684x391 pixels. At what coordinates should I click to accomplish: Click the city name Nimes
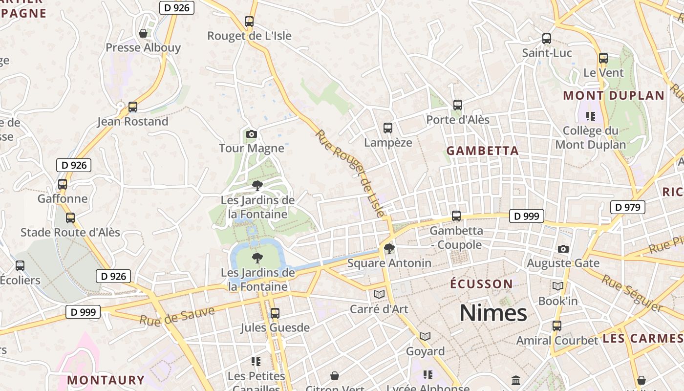(x=493, y=313)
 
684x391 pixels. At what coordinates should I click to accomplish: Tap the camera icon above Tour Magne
(x=252, y=134)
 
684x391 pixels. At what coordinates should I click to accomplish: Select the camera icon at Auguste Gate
(x=563, y=249)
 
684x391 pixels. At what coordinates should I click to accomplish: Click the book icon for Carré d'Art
(x=379, y=294)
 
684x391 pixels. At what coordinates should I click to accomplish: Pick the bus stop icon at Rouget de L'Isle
(x=249, y=21)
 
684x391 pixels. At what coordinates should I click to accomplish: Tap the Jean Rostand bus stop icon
(x=132, y=107)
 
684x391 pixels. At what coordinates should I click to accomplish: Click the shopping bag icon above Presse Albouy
(x=143, y=33)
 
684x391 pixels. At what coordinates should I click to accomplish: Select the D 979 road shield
(x=627, y=207)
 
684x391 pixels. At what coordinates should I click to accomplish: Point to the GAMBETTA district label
(x=482, y=151)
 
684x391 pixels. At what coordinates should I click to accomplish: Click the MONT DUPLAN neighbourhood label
(x=614, y=95)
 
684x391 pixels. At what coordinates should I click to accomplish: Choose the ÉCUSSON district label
(x=481, y=284)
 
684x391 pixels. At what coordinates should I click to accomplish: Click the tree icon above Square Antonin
(x=389, y=249)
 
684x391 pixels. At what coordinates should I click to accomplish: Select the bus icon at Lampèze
(x=388, y=128)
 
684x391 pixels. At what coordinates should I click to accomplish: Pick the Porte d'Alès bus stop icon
(x=457, y=105)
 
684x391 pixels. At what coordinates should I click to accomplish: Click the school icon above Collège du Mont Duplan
(x=590, y=116)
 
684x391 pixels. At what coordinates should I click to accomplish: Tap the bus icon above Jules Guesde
(x=275, y=313)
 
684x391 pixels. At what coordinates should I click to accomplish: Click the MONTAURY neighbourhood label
(x=106, y=380)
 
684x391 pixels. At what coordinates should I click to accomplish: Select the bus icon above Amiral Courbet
(x=556, y=326)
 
